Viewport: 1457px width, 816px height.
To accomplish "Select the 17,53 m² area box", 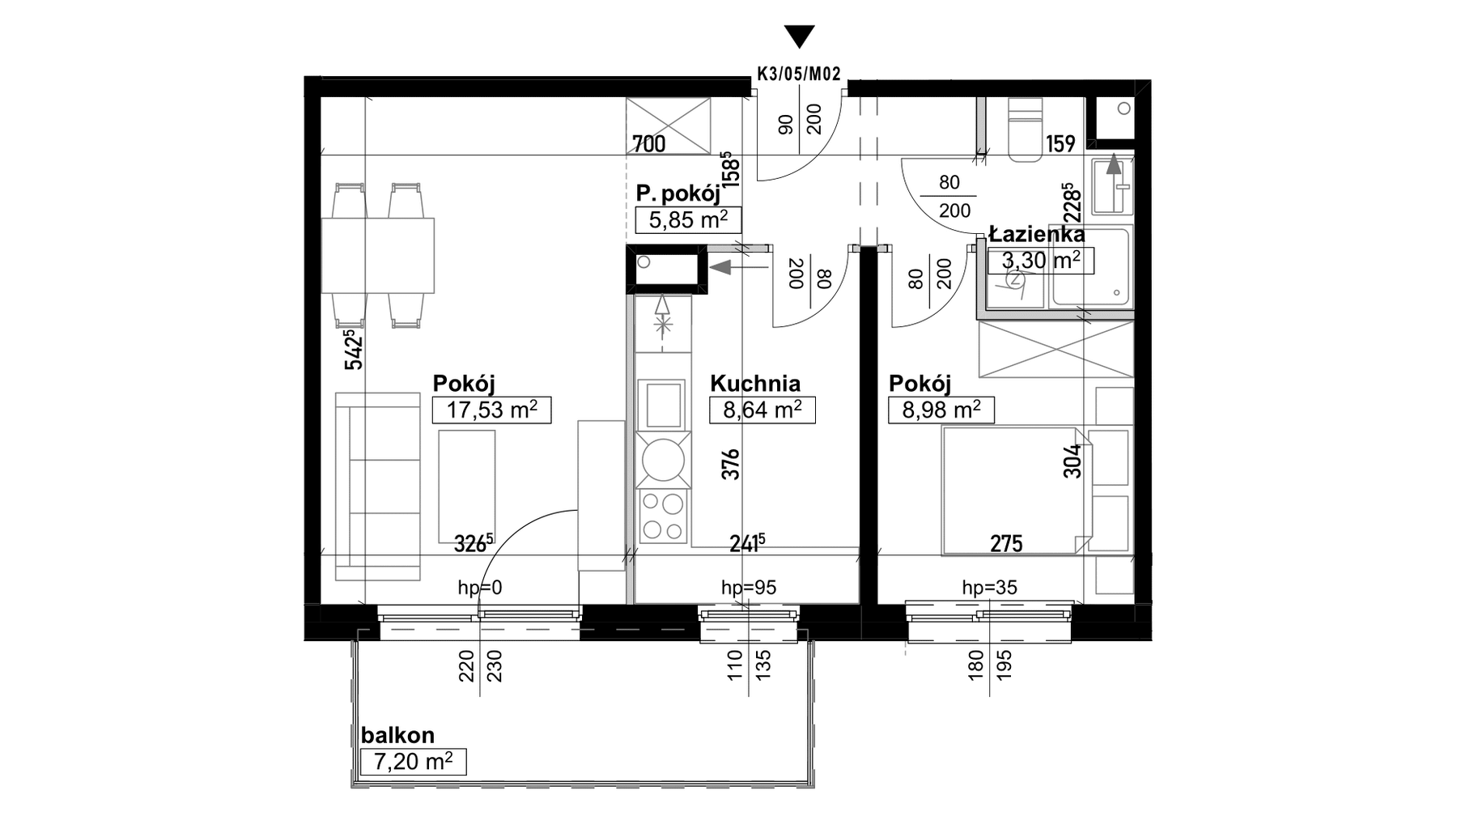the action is pos(492,410).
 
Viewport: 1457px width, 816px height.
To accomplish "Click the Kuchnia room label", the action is pos(755,384).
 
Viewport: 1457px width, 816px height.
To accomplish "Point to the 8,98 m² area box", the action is pos(941,410).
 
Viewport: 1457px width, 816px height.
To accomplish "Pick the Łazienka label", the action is pos(1037,235).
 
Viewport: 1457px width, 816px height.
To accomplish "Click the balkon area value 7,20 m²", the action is pos(413,762).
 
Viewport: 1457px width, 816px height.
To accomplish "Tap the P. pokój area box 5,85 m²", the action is pos(689,219).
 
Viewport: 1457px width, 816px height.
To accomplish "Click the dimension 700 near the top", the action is pos(649,144).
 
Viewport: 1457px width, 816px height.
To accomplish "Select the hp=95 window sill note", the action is pos(749,588).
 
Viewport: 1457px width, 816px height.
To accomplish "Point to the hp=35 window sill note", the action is pos(989,588).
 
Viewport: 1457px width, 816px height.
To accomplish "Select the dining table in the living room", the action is pos(378,256).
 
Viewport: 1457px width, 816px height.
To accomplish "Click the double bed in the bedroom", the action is pos(1015,491).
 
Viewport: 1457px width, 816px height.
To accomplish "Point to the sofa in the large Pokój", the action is pos(378,487).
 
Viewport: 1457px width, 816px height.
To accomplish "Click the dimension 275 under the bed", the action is pos(1007,544).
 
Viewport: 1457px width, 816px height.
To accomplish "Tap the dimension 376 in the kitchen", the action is pos(732,464).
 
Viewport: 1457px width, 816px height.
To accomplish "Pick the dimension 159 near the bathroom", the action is pos(1060,144).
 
